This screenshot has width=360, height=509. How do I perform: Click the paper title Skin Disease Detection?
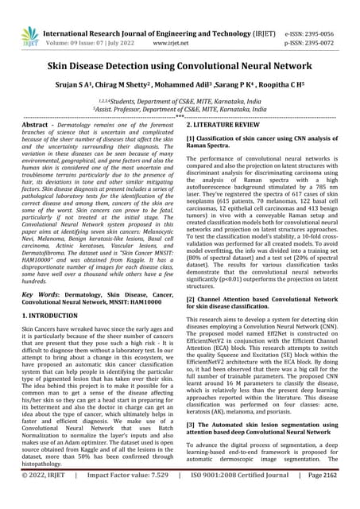click(x=180, y=68)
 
